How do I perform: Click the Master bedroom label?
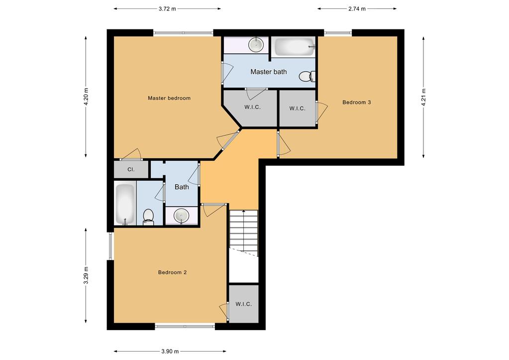(x=169, y=98)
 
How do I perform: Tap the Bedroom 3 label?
(x=356, y=103)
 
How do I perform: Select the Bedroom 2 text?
(x=172, y=272)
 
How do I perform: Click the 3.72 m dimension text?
(x=167, y=9)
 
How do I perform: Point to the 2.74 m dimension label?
(x=357, y=9)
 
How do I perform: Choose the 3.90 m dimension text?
(x=170, y=351)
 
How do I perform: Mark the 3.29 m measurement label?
(x=86, y=275)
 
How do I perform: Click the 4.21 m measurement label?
(x=423, y=97)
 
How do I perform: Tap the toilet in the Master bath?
(x=307, y=76)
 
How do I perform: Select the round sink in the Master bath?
(x=256, y=44)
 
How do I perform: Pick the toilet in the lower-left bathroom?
(x=148, y=217)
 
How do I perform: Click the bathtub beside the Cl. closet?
(x=125, y=205)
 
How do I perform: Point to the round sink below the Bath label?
(x=182, y=216)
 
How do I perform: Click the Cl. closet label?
(x=131, y=170)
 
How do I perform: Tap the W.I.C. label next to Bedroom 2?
(x=243, y=304)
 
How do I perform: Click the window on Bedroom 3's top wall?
(x=338, y=32)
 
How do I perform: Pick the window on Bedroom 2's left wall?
(x=110, y=246)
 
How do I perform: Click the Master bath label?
(x=269, y=72)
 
